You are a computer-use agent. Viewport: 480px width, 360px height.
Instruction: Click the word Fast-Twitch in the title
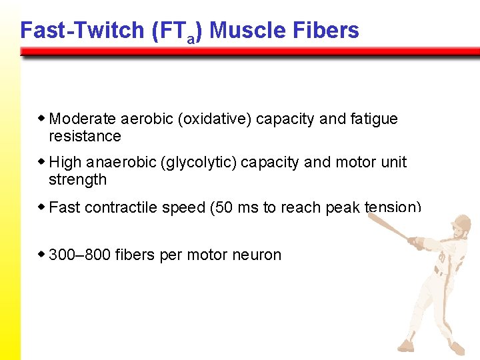click(x=73, y=30)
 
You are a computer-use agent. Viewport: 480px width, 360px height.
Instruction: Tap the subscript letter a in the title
click(x=191, y=39)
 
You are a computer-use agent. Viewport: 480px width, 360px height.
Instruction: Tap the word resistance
click(x=85, y=137)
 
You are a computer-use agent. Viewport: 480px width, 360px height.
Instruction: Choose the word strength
click(x=77, y=180)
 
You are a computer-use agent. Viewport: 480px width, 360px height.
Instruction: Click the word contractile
click(x=118, y=207)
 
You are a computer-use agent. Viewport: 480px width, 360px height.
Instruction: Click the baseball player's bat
click(x=387, y=223)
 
